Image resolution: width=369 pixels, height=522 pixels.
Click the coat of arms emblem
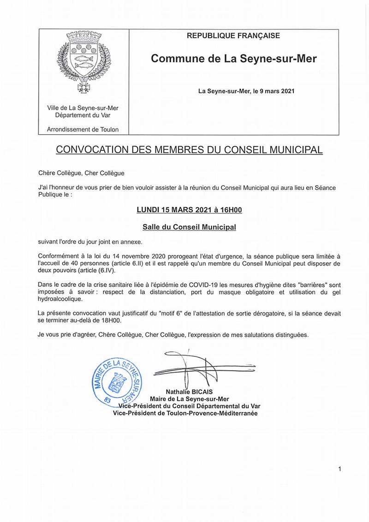[83, 61]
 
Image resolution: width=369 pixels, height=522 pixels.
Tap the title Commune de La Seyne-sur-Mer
[234, 59]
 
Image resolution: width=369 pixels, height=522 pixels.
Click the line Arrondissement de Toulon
[83, 130]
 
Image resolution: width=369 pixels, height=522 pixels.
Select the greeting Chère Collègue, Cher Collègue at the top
[82, 173]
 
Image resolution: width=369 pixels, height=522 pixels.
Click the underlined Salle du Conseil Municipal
[189, 227]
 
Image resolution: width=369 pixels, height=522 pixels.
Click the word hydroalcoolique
[60, 299]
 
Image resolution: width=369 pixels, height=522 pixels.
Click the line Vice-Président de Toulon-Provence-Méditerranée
[185, 413]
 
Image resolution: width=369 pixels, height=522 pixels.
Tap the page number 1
[339, 469]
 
